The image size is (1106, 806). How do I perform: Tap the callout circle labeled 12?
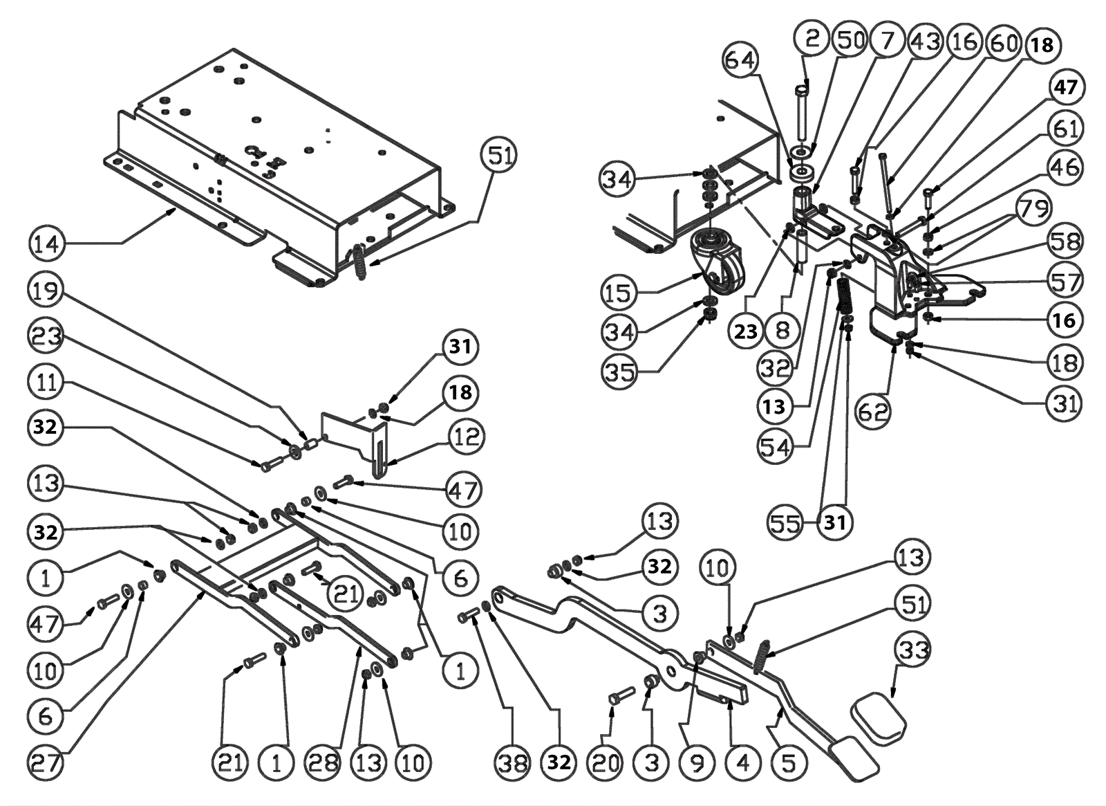coord(466,437)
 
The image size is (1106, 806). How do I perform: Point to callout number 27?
coord(46,763)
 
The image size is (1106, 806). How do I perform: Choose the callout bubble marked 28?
coord(323,763)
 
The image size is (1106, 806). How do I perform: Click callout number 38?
coord(512,763)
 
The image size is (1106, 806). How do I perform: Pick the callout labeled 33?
coord(913,650)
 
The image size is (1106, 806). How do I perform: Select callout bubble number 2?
coord(812,38)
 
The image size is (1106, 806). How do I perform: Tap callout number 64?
coord(740,59)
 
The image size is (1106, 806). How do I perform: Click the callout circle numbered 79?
coord(1033,208)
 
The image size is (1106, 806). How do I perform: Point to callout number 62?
coord(873,412)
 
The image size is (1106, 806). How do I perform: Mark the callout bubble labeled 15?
coord(617,293)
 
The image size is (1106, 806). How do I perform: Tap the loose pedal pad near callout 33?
coord(878,717)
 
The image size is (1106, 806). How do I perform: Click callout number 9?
coord(697,763)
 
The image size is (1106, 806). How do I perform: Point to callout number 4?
coord(743,763)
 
